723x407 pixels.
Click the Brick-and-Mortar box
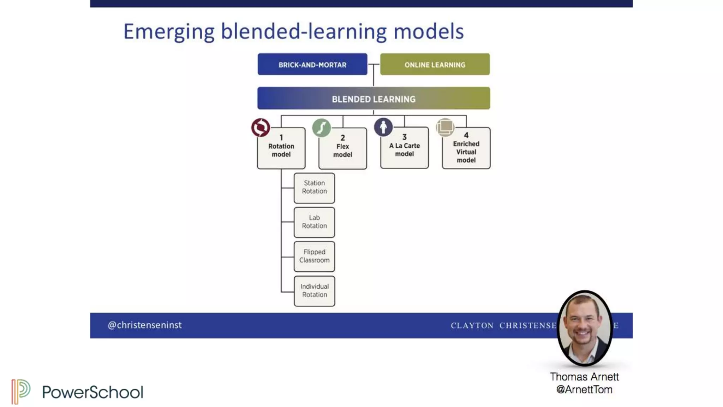click(x=312, y=64)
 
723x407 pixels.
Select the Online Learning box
click(x=435, y=64)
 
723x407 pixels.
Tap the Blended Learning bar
click(x=374, y=99)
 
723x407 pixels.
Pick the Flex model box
click(x=343, y=149)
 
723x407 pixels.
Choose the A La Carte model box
click(x=405, y=148)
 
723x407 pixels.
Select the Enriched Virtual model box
click(x=466, y=148)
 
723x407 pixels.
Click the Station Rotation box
click(x=314, y=188)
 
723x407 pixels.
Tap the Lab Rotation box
click(x=314, y=222)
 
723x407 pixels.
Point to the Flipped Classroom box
click(x=314, y=256)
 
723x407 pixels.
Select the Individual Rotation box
click(x=314, y=291)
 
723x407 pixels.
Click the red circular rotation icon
click(x=261, y=128)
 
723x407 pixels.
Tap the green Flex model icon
click(x=321, y=128)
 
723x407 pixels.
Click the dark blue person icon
click(x=383, y=127)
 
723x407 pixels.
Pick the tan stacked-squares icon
click(x=445, y=127)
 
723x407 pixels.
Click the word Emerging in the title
click(x=169, y=32)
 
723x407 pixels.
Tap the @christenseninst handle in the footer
click(x=145, y=325)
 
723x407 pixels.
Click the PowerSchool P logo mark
click(x=20, y=391)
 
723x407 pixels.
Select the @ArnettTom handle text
click(x=584, y=389)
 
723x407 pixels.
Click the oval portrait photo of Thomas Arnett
click(x=585, y=328)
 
